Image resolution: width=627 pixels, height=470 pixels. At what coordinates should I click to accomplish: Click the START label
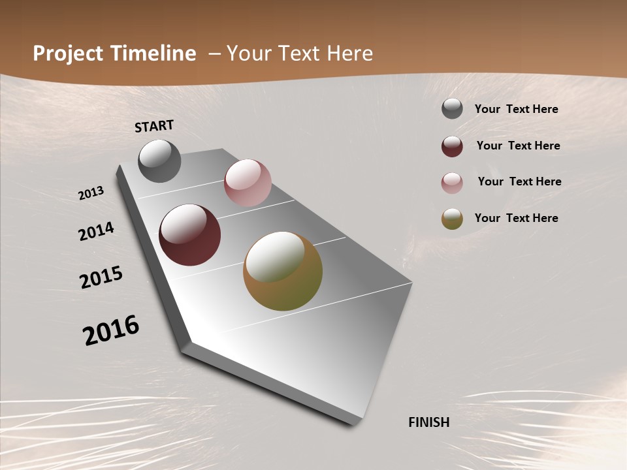pyautogui.click(x=154, y=126)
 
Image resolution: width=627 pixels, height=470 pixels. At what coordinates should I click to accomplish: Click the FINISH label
pyautogui.click(x=428, y=422)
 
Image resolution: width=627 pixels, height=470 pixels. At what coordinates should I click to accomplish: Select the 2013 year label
pyautogui.click(x=91, y=193)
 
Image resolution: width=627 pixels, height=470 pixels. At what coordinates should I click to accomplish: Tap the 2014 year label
pyautogui.click(x=96, y=232)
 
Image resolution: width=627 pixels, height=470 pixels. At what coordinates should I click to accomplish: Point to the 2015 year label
pyautogui.click(x=101, y=277)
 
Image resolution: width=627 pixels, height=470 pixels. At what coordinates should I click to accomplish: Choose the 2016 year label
pyautogui.click(x=111, y=330)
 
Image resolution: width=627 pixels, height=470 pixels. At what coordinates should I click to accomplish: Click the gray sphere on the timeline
pyautogui.click(x=159, y=161)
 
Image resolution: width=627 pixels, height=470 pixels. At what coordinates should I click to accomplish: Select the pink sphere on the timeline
pyautogui.click(x=248, y=183)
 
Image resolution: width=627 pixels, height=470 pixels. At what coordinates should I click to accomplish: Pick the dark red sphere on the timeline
pyautogui.click(x=189, y=235)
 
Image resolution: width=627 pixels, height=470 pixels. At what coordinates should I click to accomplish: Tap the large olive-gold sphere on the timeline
pyautogui.click(x=283, y=271)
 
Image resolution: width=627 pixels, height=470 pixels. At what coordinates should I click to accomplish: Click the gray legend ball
pyautogui.click(x=452, y=109)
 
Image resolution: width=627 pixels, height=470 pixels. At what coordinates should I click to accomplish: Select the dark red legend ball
pyautogui.click(x=452, y=146)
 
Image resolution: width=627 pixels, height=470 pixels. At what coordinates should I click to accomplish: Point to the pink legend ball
pyautogui.click(x=452, y=183)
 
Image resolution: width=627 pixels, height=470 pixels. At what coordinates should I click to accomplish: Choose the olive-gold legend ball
pyautogui.click(x=452, y=219)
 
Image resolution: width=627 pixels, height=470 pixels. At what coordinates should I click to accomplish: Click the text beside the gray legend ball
pyautogui.click(x=516, y=109)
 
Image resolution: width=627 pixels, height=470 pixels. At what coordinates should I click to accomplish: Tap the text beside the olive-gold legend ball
pyautogui.click(x=516, y=218)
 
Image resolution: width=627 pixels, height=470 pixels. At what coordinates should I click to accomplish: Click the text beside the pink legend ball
pyautogui.click(x=519, y=181)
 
